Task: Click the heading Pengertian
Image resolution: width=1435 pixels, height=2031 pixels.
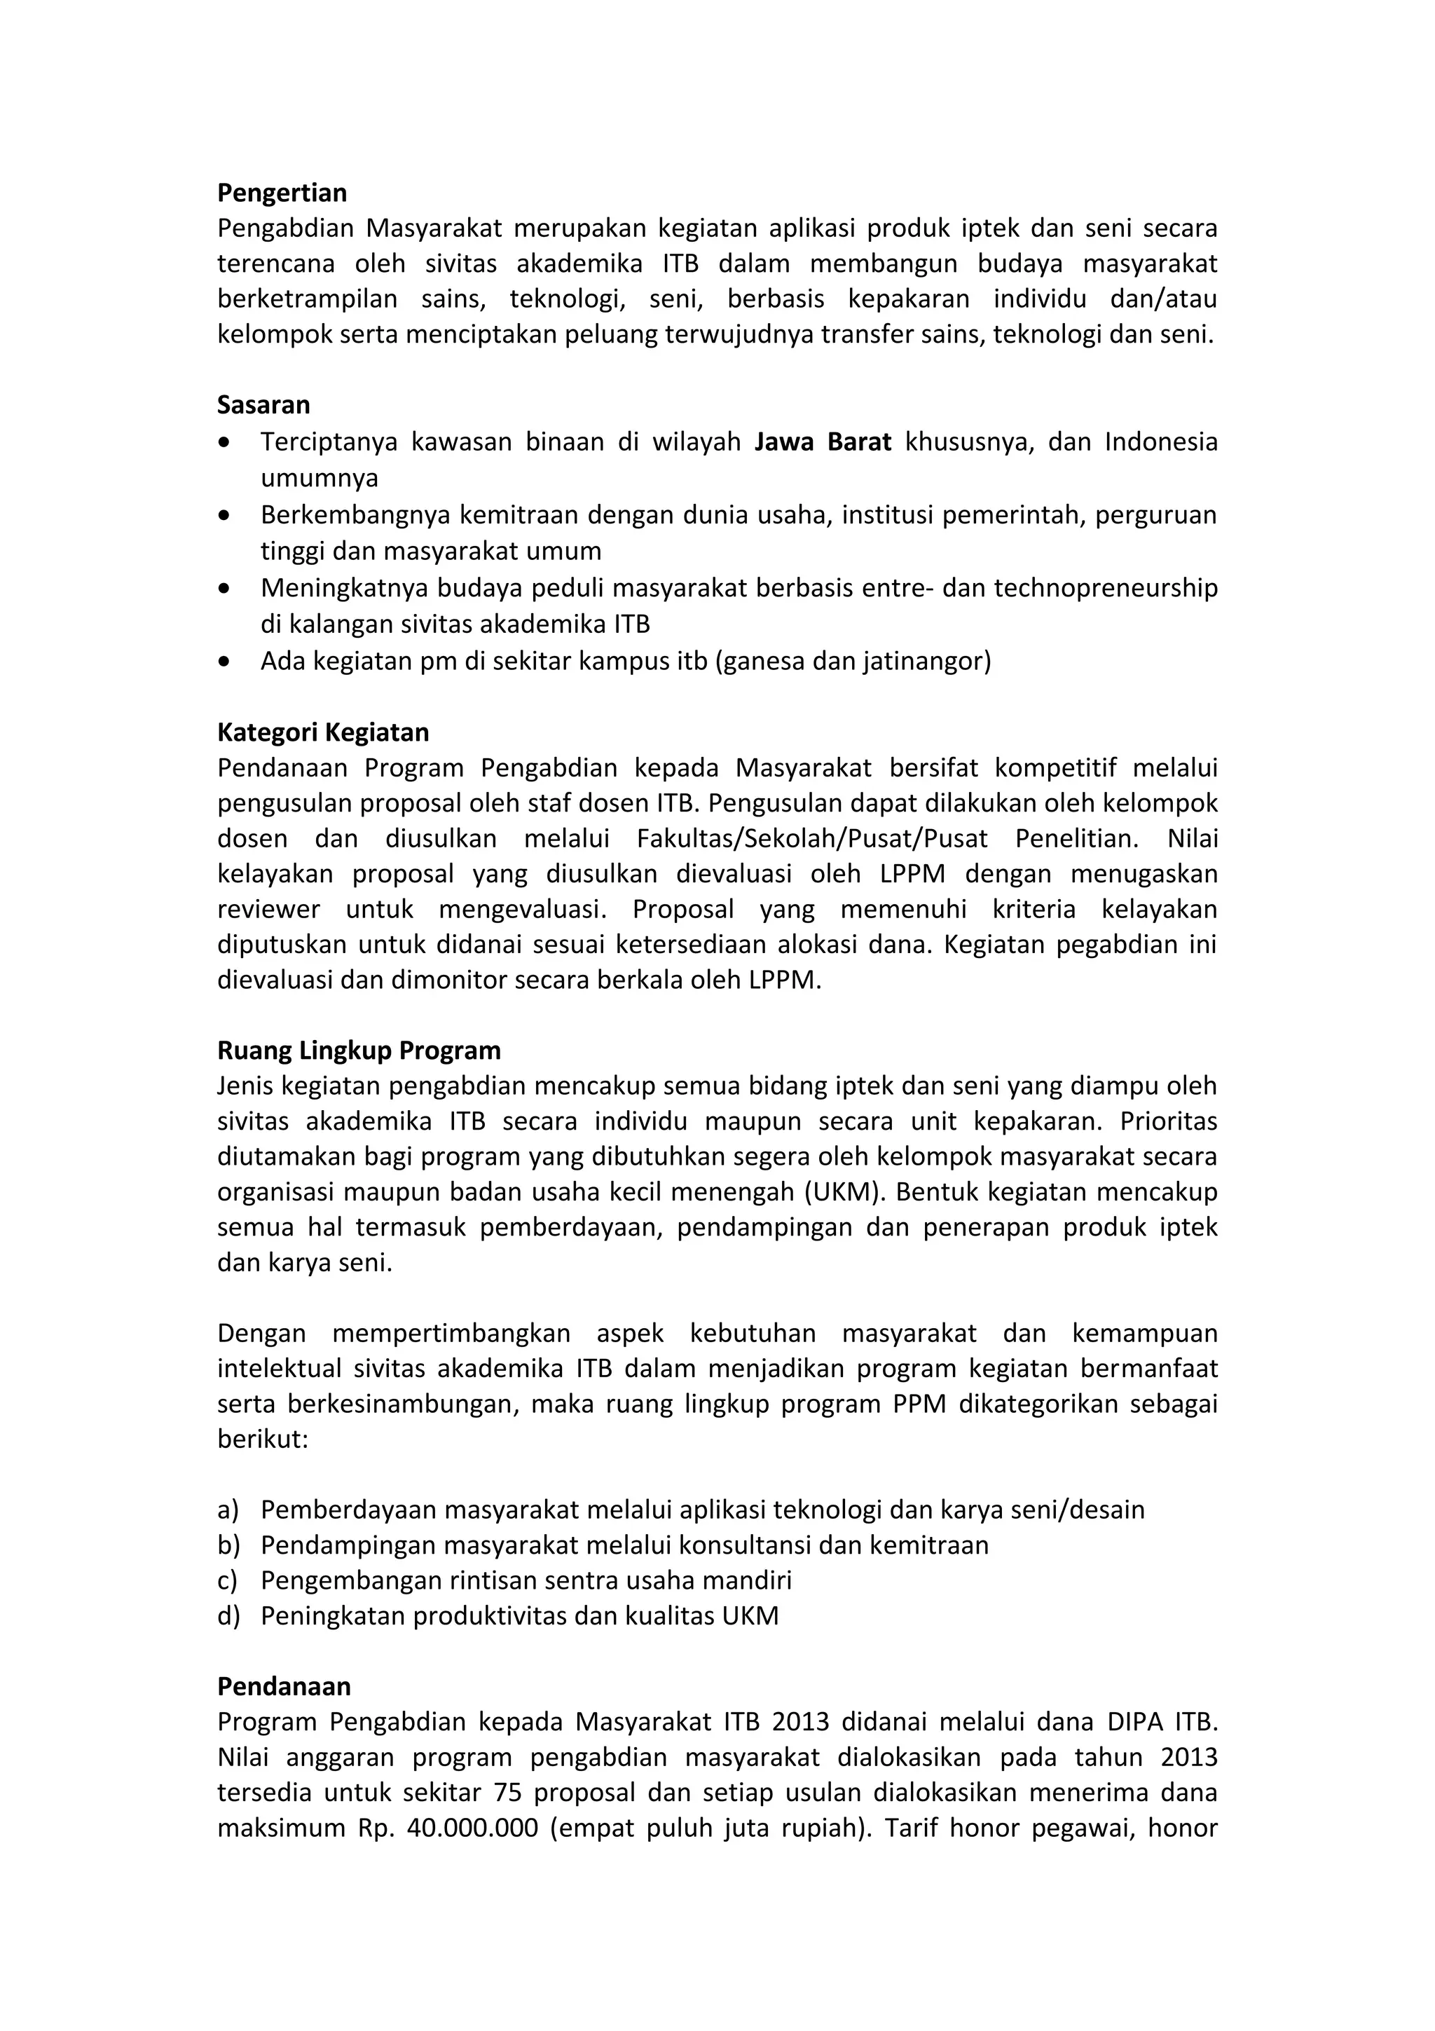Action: (282, 193)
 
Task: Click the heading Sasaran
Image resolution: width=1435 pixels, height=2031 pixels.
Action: (263, 405)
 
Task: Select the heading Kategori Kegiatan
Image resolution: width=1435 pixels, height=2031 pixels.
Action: (323, 732)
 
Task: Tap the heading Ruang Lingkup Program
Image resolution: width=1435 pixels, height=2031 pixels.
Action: (359, 1050)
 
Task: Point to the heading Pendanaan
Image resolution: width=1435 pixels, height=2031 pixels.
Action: (284, 1686)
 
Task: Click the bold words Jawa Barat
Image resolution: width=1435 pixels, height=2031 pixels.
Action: (823, 442)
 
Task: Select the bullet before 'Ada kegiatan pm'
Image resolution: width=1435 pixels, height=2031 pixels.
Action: (226, 661)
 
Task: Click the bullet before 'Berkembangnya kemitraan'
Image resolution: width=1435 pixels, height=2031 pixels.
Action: (226, 515)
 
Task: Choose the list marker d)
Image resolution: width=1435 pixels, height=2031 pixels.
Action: (228, 1615)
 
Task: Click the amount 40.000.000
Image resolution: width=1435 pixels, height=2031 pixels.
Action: (472, 1828)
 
